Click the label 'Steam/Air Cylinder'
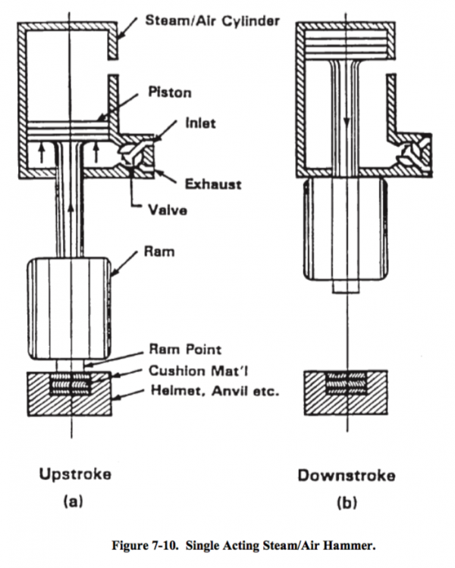pyautogui.click(x=212, y=20)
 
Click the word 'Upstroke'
pyautogui.click(x=75, y=475)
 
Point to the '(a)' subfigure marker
pyautogui.click(x=74, y=501)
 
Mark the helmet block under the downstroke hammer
pyautogui.click(x=346, y=397)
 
